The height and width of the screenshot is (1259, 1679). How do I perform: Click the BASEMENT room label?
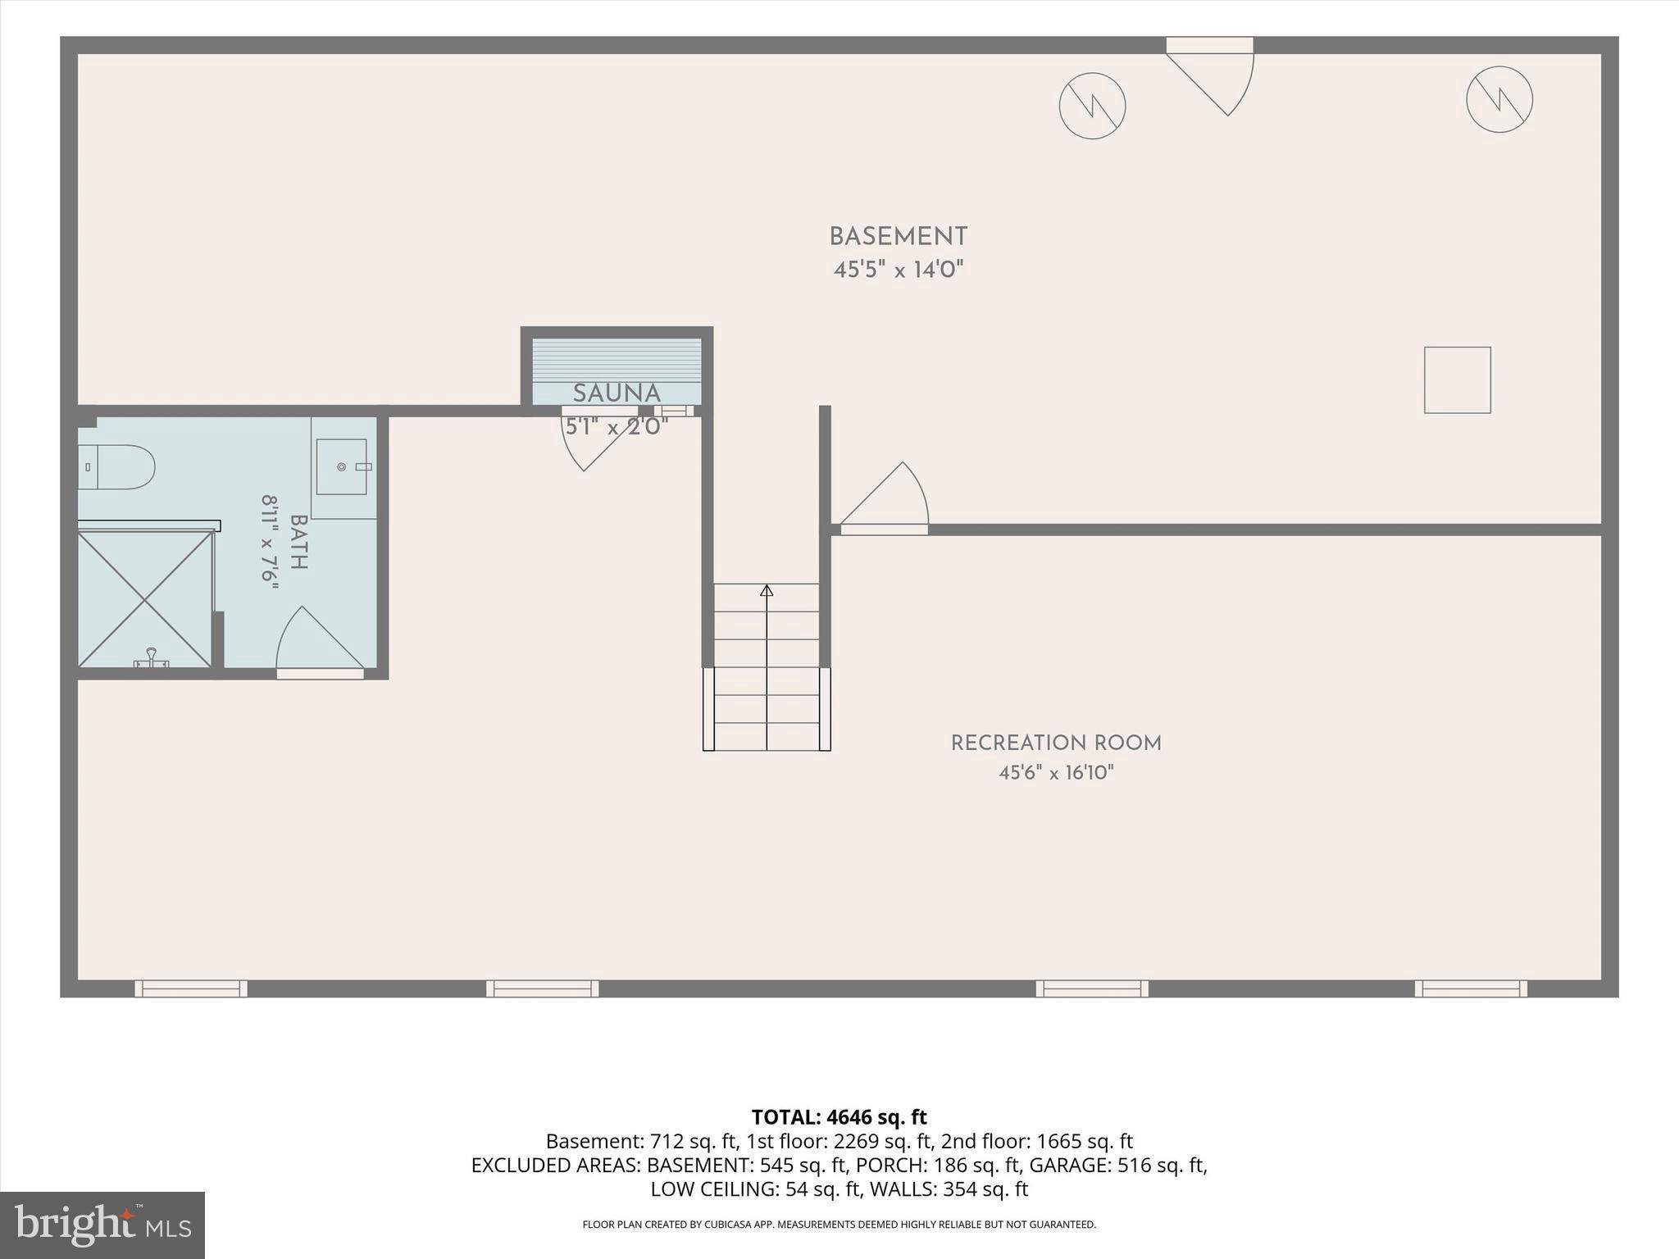pos(899,237)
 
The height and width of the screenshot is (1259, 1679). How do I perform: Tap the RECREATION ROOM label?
pos(1056,743)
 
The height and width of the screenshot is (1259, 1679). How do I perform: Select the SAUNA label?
pos(617,393)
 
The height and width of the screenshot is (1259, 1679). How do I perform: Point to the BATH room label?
pos(298,543)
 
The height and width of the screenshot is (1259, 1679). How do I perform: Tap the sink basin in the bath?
pos(342,467)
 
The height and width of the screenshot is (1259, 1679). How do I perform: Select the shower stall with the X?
pos(145,598)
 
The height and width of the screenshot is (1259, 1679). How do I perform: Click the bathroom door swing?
pos(320,639)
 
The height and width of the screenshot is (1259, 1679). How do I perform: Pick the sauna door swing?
pos(592,441)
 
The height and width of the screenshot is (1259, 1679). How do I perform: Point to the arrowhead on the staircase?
pos(767,590)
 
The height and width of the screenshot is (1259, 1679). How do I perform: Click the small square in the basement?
pos(1457,380)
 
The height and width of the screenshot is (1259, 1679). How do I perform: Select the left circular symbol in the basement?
pos(1092,106)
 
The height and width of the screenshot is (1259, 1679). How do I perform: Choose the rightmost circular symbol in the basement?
pos(1499,99)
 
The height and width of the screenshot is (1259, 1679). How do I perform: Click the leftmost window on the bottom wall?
pos(191,989)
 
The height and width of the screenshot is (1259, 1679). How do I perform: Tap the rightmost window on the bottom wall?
pos(1471,989)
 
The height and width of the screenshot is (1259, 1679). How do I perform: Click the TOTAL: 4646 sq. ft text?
pos(839,1117)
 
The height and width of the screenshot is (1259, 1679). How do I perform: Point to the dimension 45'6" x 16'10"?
pos(1056,772)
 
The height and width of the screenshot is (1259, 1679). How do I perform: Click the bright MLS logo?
pos(102,1225)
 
